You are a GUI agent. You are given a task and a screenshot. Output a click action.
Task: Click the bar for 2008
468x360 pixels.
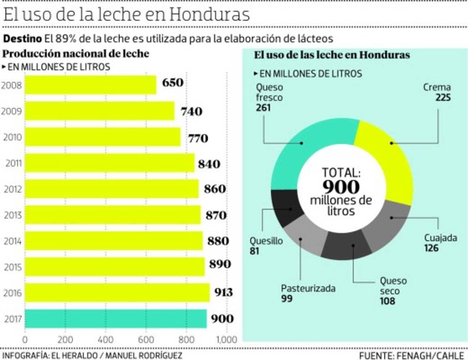click(90, 85)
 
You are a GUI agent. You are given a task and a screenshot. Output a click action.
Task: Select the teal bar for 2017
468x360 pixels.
click(116, 319)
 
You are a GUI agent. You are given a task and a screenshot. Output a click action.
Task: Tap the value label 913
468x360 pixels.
click(223, 292)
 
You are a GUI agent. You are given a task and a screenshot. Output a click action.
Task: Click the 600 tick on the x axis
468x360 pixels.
click(146, 340)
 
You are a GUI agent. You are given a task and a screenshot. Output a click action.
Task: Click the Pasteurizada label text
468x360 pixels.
click(308, 288)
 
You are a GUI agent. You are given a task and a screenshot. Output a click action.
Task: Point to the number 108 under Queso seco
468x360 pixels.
click(387, 301)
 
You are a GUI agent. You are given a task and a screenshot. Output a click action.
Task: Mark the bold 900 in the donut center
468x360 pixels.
click(341, 186)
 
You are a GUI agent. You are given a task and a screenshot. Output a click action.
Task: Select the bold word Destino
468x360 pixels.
click(22, 39)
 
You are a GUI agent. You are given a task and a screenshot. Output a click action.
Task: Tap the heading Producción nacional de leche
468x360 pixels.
click(76, 54)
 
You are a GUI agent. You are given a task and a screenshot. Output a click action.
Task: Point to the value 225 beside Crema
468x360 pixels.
click(443, 97)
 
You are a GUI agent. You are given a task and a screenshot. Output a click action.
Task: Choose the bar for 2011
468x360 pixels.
click(110, 163)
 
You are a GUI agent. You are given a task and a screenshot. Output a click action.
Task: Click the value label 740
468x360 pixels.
click(191, 112)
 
